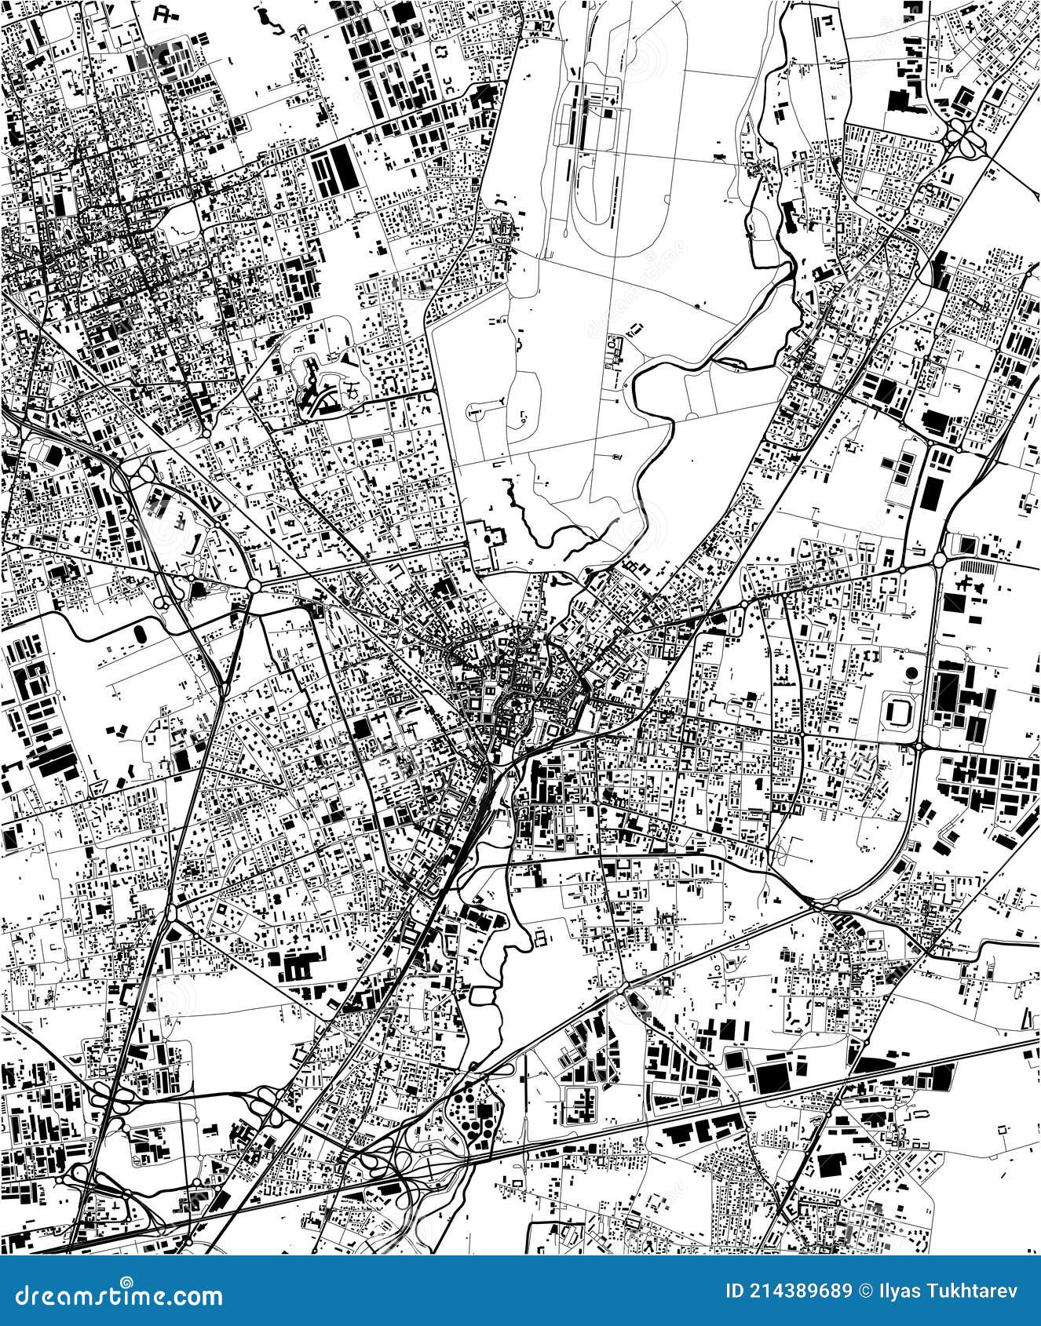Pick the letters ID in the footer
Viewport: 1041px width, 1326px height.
734,1291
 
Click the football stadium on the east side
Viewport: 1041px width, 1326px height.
899,711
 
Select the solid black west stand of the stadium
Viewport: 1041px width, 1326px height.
888,711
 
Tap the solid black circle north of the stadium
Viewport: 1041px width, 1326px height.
912,673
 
